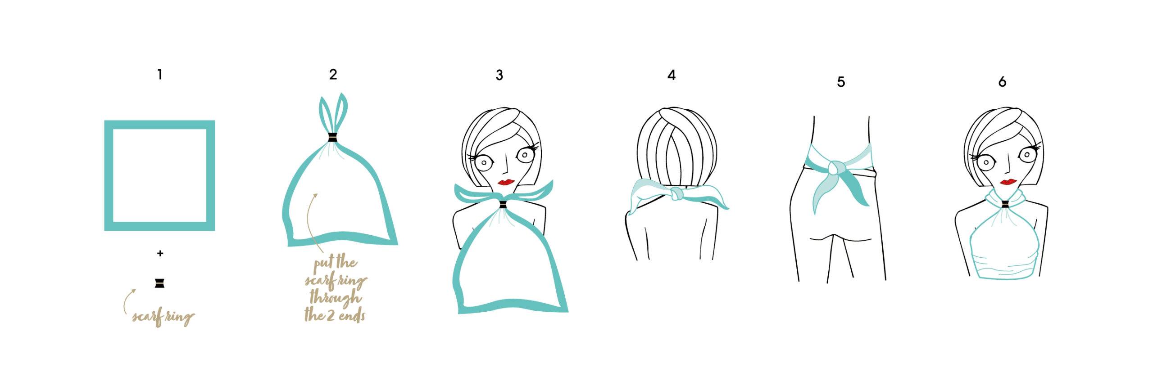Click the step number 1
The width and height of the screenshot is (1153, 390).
coord(160,75)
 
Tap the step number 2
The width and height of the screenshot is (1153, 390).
coord(333,75)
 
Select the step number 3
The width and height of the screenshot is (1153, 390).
coord(499,75)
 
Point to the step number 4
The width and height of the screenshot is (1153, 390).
coord(672,75)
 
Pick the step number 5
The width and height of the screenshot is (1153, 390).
coord(841,82)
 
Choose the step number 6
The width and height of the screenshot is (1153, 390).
coord(1002,82)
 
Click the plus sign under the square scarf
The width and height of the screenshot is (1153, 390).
coord(160,253)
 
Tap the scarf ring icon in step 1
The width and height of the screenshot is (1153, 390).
coord(159,283)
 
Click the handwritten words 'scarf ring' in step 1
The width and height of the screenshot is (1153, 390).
coord(163,317)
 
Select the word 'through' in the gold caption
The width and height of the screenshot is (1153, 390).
coord(336,298)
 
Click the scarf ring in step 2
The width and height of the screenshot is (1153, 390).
coord(332,138)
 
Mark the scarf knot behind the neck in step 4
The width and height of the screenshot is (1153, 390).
coord(676,195)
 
